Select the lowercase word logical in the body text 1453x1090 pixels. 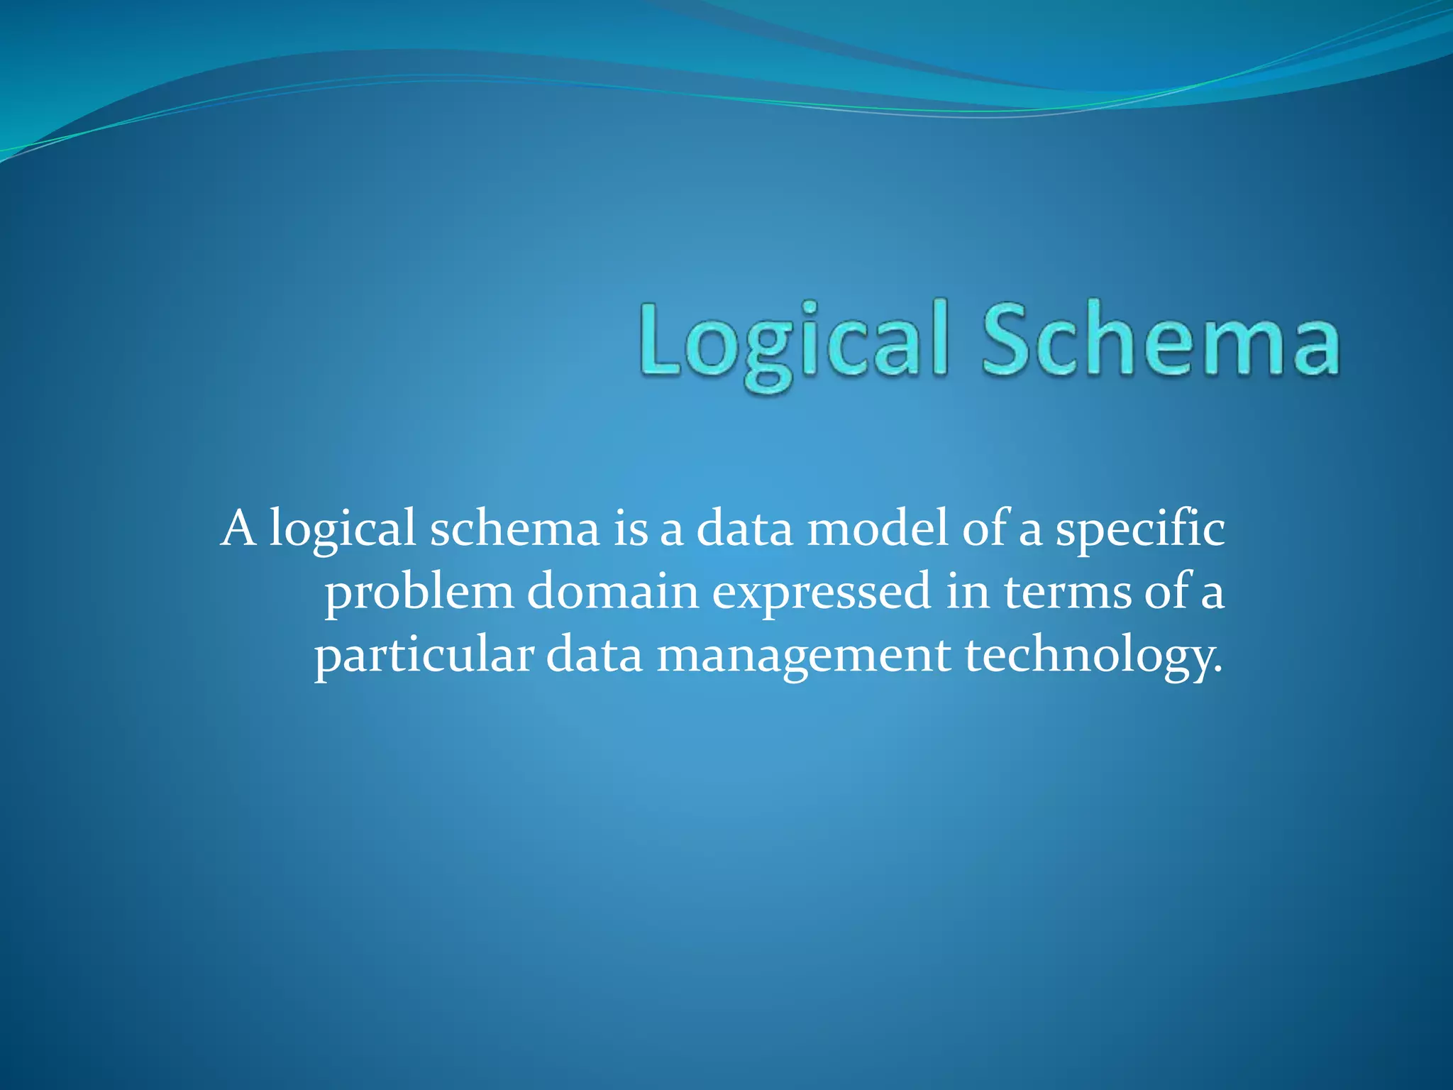342,531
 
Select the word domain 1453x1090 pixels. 613,592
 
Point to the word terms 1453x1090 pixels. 1067,592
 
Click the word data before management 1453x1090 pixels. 594,654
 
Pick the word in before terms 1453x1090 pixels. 968,592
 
